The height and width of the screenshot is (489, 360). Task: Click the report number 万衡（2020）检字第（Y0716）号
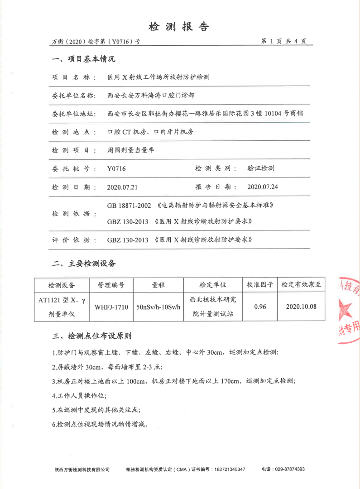[x=96, y=42]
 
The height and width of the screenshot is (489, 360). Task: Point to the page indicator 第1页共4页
[x=284, y=41]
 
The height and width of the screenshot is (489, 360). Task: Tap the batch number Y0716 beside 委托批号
[x=116, y=169]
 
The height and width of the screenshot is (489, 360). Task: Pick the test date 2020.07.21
[x=122, y=187]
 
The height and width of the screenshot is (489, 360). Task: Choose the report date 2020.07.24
[x=263, y=187]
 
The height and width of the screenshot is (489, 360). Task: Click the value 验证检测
[x=261, y=168]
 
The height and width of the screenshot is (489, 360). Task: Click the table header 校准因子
[x=259, y=285]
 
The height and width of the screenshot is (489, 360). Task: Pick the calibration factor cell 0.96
[x=259, y=307]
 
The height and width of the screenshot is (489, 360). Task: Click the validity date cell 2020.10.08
[x=301, y=307]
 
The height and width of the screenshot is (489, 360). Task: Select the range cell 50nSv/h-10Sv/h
[x=158, y=307]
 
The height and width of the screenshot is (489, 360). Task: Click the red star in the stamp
[x=345, y=311]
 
